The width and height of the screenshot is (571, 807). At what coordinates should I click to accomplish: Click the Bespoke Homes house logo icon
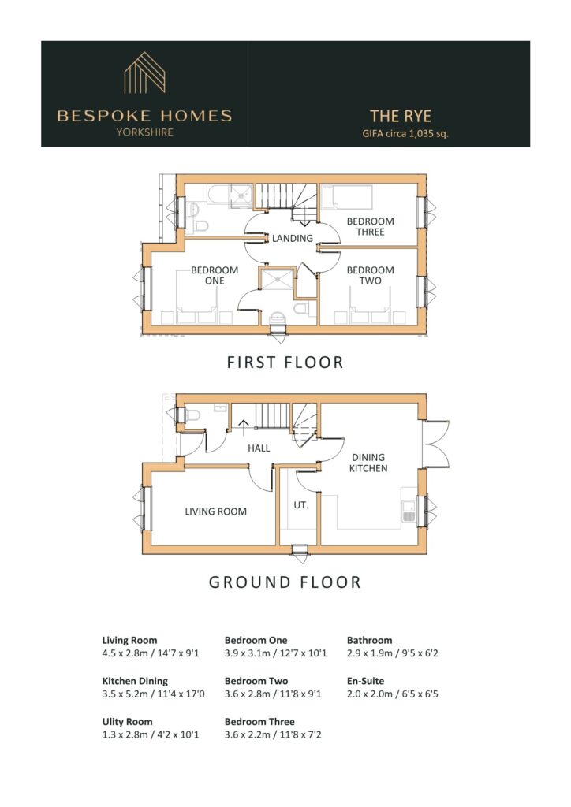[144, 73]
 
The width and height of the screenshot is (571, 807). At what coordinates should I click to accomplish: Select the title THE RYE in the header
[401, 117]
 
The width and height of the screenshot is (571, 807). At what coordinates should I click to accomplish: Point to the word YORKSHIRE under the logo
[144, 132]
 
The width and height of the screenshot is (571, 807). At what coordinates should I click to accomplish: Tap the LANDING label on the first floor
[293, 238]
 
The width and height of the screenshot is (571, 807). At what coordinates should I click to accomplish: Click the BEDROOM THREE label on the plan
[370, 226]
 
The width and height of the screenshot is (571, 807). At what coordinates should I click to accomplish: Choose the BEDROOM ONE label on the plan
[215, 275]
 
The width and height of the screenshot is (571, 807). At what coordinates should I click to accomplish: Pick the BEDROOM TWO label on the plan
[370, 275]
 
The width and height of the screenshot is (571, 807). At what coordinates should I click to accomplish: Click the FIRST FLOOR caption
[285, 363]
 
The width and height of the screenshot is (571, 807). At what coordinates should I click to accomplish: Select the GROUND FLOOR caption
[285, 582]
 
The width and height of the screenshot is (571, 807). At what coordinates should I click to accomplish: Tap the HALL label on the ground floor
[259, 448]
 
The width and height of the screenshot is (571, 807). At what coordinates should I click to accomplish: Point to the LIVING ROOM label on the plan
[216, 511]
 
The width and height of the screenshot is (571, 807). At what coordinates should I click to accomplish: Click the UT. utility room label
[300, 505]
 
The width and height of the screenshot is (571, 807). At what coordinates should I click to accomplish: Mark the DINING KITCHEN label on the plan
[368, 463]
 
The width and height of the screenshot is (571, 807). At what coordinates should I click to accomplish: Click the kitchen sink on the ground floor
[409, 511]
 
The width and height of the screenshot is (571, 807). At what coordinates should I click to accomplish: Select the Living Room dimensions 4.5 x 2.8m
[151, 653]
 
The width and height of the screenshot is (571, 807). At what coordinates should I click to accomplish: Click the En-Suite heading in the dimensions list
[366, 681]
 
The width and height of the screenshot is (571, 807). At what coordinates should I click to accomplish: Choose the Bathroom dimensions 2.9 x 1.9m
[392, 653]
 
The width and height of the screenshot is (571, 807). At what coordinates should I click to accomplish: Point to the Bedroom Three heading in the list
[259, 722]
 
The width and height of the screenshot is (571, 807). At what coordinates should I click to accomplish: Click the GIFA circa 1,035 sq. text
[405, 134]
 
